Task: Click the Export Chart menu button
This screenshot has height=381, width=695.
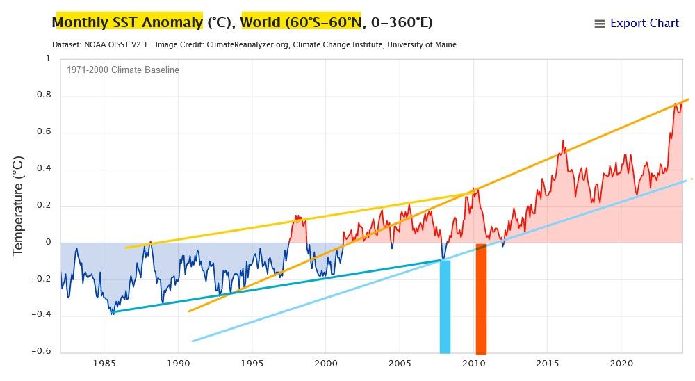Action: [637, 24]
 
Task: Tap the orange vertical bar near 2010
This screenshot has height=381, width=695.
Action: [481, 299]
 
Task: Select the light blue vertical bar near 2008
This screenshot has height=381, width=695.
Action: [445, 306]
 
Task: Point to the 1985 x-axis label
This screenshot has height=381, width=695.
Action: [105, 363]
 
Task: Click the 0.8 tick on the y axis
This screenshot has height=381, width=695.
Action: [43, 95]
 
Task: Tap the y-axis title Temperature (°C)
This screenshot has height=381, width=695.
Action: [19, 205]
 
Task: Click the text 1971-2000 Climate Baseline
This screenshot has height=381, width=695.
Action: [123, 70]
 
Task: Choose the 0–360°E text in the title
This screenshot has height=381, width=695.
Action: [400, 22]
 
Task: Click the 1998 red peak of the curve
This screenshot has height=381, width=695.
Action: [297, 216]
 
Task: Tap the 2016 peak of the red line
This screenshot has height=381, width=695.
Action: [564, 141]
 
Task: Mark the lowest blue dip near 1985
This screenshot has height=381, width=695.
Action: [112, 314]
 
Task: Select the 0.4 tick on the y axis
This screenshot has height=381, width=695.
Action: [43, 169]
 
